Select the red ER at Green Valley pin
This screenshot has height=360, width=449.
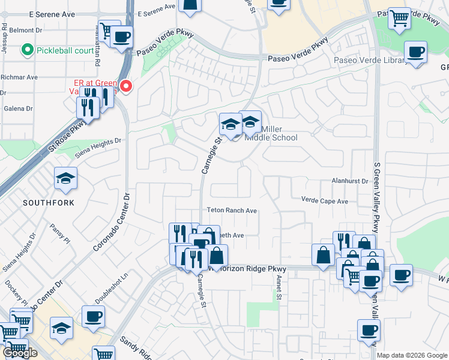click(x=126, y=87)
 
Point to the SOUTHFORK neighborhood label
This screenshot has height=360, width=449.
click(x=49, y=203)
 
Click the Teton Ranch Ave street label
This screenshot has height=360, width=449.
click(x=232, y=211)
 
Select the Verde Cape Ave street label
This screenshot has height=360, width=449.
click(x=324, y=202)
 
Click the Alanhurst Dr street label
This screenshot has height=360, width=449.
click(x=349, y=180)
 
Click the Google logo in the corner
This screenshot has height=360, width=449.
click(x=20, y=353)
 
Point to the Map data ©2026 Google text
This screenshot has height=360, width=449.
click(x=411, y=355)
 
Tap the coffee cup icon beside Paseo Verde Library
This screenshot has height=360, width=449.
click(x=415, y=52)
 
